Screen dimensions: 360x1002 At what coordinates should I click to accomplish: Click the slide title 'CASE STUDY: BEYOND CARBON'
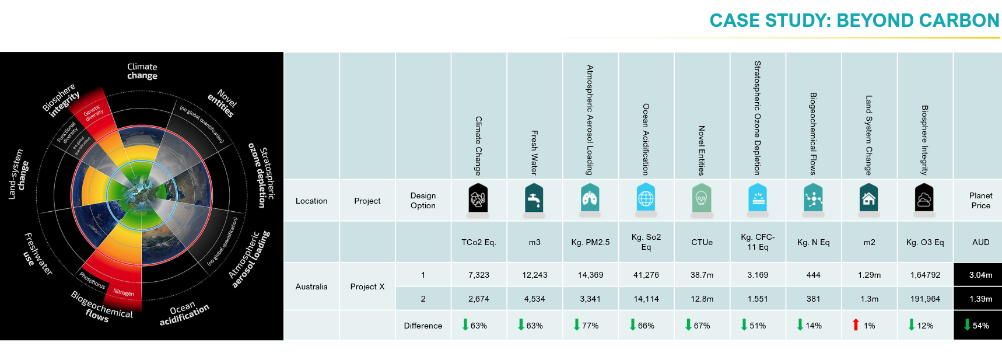click(x=854, y=20)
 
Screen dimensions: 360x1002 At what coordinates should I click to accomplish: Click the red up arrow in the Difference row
click(x=856, y=325)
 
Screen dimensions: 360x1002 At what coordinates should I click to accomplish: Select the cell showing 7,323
click(x=478, y=275)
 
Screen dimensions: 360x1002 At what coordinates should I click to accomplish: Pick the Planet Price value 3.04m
click(x=980, y=275)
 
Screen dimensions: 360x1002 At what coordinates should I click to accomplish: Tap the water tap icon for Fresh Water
click(x=534, y=199)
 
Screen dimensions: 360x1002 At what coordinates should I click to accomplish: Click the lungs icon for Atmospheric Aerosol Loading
click(x=590, y=199)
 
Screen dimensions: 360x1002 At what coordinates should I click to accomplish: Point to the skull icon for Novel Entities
click(x=702, y=199)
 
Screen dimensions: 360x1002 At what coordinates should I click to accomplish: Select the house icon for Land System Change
click(x=868, y=199)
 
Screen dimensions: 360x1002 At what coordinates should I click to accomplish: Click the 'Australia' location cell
click(x=311, y=286)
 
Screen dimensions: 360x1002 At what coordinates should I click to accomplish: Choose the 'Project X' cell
click(x=367, y=286)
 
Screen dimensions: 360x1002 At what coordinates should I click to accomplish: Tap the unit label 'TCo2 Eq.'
click(x=478, y=242)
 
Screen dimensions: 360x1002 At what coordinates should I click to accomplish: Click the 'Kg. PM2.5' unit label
click(x=590, y=242)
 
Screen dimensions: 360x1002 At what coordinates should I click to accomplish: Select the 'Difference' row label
click(x=423, y=326)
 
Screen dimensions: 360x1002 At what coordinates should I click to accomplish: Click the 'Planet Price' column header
click(x=980, y=200)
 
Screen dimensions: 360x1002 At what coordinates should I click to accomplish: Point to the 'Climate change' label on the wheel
click(x=142, y=71)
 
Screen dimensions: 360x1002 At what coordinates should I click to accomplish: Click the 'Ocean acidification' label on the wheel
click(x=184, y=313)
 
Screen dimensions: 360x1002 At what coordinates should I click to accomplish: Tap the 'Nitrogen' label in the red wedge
click(x=124, y=292)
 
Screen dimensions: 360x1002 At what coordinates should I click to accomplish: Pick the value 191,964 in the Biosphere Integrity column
click(x=925, y=299)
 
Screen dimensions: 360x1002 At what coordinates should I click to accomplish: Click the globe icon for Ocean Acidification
click(x=646, y=199)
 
